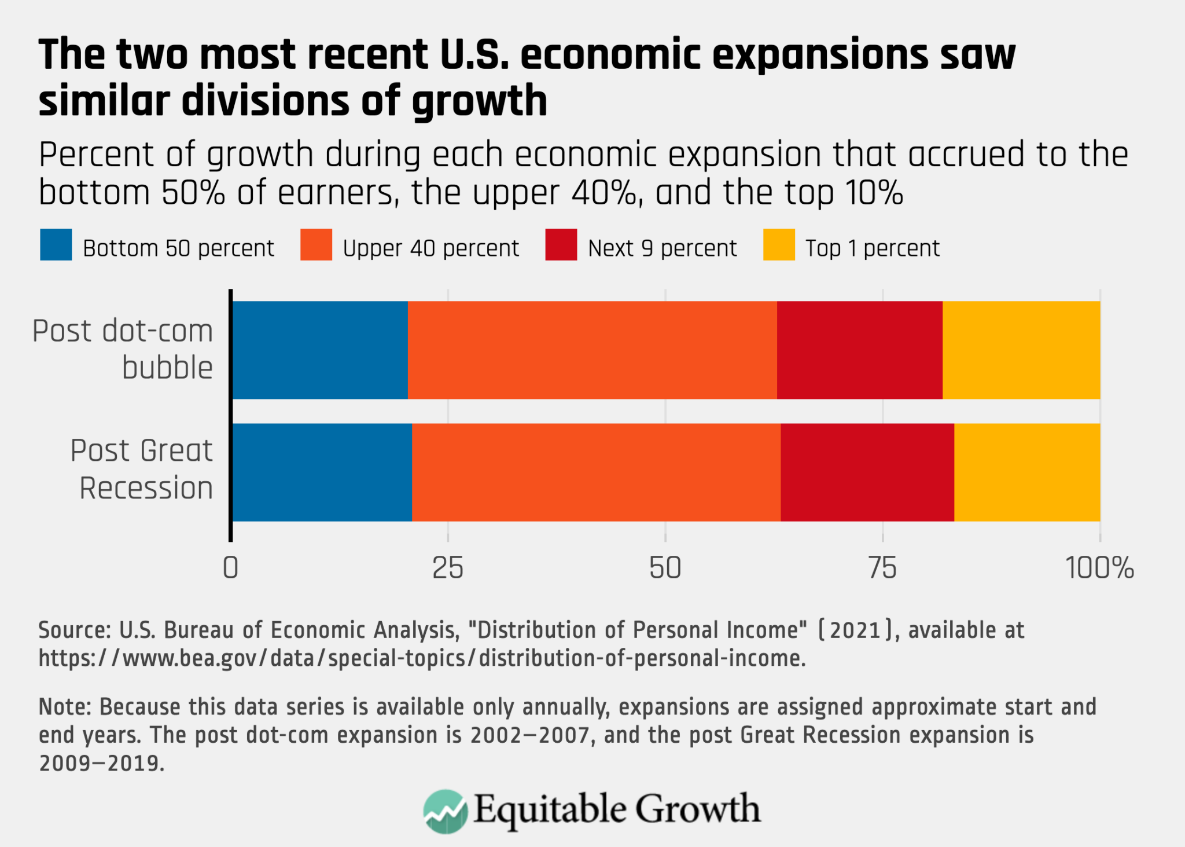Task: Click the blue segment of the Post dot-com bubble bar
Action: (x=320, y=350)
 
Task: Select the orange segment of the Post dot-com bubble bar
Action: (x=592, y=350)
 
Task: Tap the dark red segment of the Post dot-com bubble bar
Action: (x=859, y=350)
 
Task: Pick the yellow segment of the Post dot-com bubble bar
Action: (x=1021, y=350)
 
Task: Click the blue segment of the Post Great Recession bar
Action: (x=322, y=472)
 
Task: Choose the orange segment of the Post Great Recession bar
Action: (x=596, y=472)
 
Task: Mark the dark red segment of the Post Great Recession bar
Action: (x=867, y=472)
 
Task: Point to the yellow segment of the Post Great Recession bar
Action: (x=1026, y=472)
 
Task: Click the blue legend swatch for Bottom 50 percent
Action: (x=56, y=245)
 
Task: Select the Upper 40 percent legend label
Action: (x=430, y=248)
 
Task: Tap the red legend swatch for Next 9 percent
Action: (x=561, y=245)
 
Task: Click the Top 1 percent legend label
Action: (x=872, y=248)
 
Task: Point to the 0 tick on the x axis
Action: (x=230, y=568)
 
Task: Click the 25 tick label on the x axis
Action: (x=448, y=568)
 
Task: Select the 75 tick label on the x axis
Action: (x=882, y=568)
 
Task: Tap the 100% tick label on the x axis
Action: (x=1099, y=568)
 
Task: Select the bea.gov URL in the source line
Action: (x=422, y=658)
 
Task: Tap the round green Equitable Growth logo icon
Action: (x=445, y=811)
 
